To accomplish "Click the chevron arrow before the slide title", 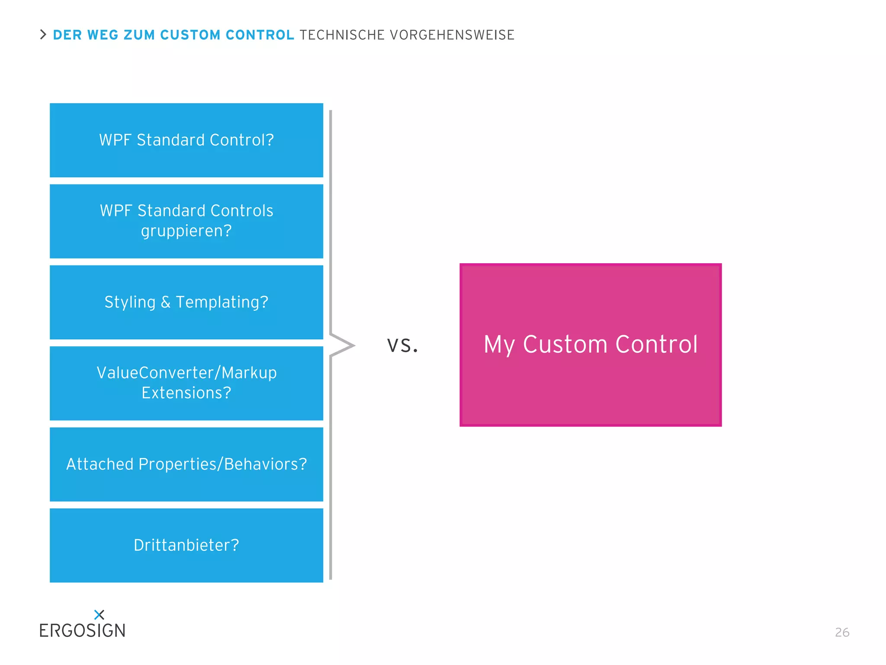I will pos(43,35).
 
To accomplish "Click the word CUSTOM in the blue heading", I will pos(190,35).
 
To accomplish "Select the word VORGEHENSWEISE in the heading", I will pos(452,35).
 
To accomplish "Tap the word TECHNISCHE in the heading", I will pos(342,35).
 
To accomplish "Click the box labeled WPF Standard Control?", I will pos(186,140).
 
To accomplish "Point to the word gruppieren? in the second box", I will pos(186,231).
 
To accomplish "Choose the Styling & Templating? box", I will pos(186,302).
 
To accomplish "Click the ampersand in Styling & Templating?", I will pos(165,302).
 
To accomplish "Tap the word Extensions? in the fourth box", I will pos(186,393).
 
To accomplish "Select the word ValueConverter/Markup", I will pos(186,373).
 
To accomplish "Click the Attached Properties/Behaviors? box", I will pos(186,464).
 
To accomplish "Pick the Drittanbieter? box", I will pos(186,545).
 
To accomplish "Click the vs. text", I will pos(402,345).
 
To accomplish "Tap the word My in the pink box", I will pos(499,345).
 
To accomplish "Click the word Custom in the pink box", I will pos(565,345).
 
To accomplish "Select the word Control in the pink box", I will pos(656,345).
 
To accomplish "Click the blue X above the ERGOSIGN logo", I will pos(99,614).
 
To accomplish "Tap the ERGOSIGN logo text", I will pos(82,631).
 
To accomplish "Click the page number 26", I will pos(842,633).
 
